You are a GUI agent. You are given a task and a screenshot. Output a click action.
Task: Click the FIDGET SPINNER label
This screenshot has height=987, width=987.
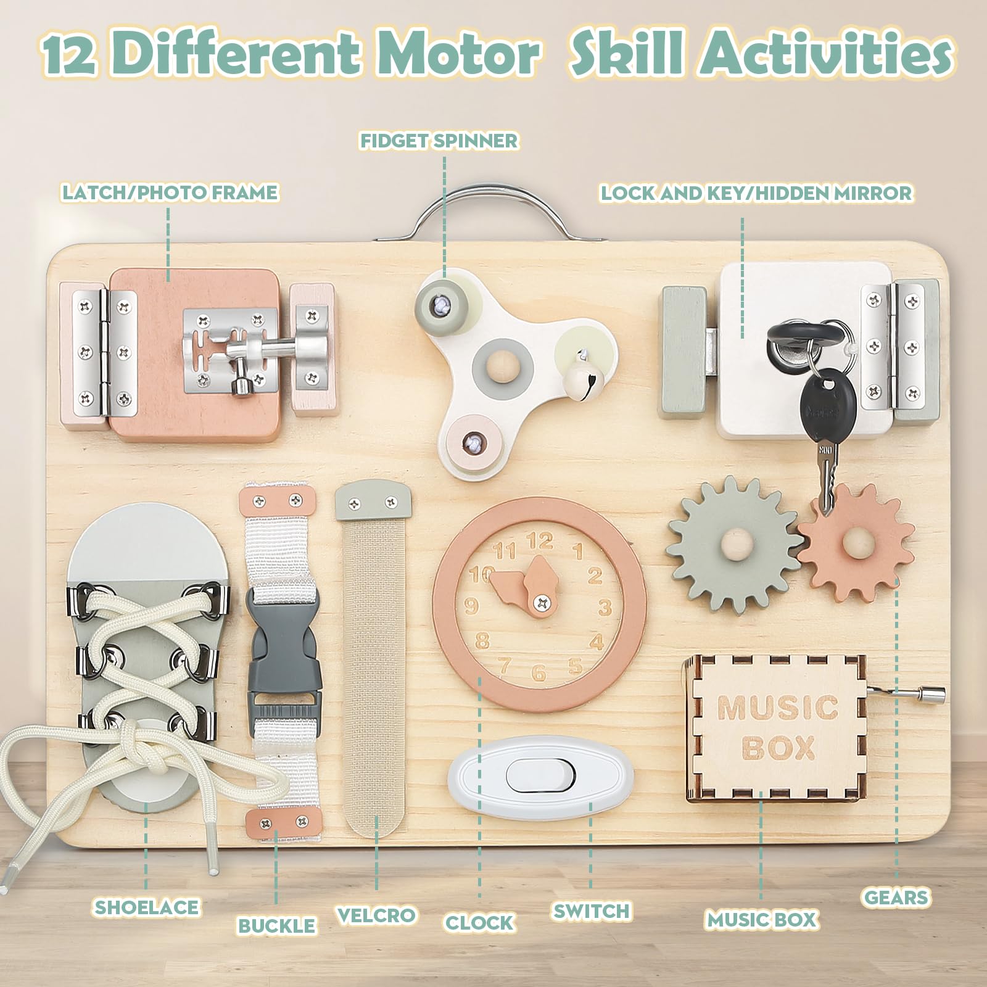click(x=439, y=141)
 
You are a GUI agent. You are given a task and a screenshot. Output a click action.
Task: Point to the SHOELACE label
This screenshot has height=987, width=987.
click(x=147, y=907)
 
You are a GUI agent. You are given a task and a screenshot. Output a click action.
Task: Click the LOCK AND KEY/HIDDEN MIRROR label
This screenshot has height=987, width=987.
click(x=756, y=193)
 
